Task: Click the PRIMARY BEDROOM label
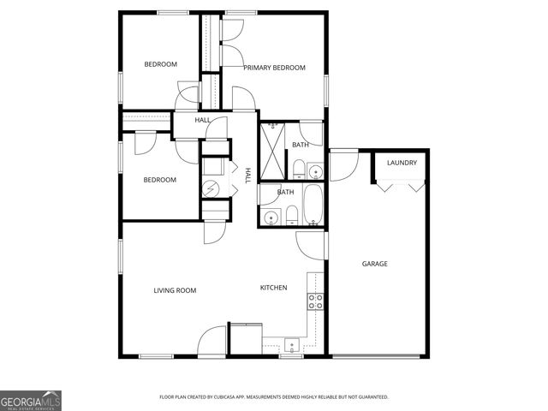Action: pos(274,68)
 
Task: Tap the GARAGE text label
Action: pos(374,264)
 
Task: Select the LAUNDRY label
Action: pos(402,163)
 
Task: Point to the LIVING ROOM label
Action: pos(175,290)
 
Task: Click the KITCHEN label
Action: pos(273,288)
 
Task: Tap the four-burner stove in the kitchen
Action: pos(315,301)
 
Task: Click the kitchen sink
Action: pos(292,345)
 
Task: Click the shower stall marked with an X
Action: pos(274,151)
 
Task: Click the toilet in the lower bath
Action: pos(291,214)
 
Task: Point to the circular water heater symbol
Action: pos(210,188)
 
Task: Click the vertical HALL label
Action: pos(247,175)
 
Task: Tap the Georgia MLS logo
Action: pos(31,400)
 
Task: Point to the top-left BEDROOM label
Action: pos(160,64)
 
